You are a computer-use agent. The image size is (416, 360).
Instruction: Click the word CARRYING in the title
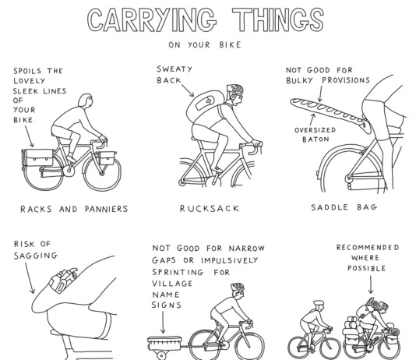click(151, 19)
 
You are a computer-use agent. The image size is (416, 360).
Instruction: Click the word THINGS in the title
click(278, 19)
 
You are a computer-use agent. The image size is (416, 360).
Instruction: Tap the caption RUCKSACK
click(210, 208)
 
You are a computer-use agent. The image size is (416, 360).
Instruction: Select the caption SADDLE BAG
click(344, 207)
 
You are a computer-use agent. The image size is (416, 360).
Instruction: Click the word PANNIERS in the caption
click(107, 209)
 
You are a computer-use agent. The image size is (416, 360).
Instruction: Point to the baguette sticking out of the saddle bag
click(329, 111)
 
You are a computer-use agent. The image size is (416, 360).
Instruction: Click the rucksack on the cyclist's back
click(204, 106)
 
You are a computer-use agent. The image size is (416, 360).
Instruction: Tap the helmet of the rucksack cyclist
click(234, 90)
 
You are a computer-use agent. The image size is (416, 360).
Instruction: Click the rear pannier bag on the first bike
click(37, 157)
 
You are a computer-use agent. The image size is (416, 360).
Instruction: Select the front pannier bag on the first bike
click(108, 158)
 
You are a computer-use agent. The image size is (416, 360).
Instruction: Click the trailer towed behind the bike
click(164, 344)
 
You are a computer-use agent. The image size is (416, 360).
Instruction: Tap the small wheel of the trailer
click(161, 355)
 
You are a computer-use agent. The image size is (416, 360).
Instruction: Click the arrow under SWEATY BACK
click(188, 90)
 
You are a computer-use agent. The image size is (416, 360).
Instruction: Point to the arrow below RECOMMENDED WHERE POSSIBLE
click(371, 284)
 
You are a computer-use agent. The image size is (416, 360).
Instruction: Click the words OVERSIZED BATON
click(316, 135)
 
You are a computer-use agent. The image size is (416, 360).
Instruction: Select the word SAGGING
click(36, 256)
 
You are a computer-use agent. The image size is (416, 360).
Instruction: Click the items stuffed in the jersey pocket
click(63, 280)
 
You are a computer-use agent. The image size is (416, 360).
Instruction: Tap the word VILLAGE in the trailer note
click(172, 284)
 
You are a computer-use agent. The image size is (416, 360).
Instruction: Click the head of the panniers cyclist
click(86, 101)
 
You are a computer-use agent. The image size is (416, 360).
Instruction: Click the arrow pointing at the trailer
click(163, 322)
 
